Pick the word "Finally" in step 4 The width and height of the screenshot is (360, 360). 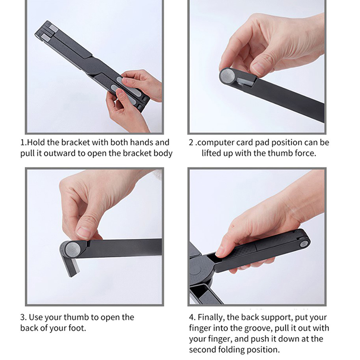click(x=211, y=318)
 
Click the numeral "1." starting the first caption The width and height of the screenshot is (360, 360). click(x=23, y=143)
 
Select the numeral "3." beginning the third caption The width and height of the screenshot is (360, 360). click(x=23, y=317)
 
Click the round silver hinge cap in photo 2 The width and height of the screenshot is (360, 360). click(x=227, y=75)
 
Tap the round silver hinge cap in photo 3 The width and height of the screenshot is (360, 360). click(x=73, y=250)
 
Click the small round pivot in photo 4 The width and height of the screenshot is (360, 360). click(x=305, y=243)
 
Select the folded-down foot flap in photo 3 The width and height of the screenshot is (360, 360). click(x=72, y=266)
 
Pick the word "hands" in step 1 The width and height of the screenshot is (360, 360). click(x=141, y=142)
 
